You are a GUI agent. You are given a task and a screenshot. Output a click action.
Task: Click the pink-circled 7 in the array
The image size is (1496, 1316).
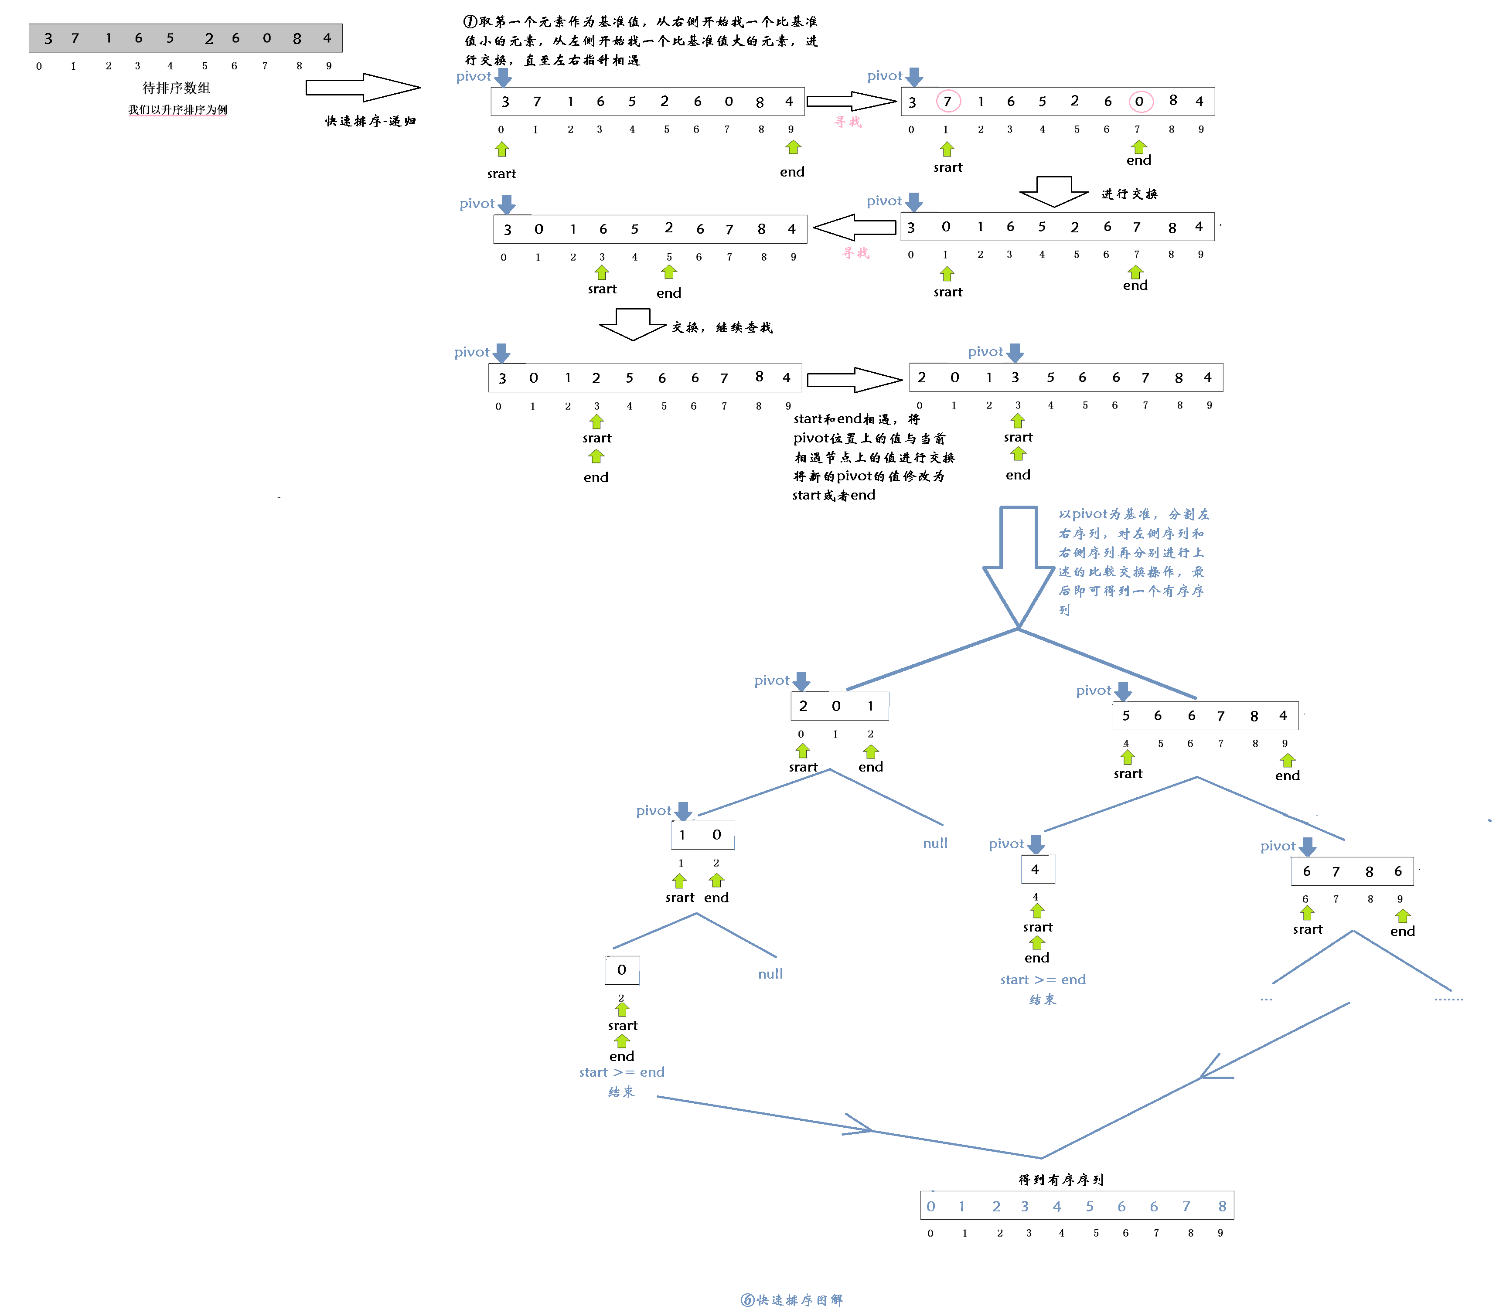coord(948,101)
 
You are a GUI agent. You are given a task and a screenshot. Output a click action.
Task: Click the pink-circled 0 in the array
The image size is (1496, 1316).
coord(1140,101)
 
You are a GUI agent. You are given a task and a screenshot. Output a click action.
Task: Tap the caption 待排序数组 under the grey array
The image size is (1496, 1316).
coord(177,88)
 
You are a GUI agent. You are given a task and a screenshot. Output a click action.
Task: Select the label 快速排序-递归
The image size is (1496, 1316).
coord(370,121)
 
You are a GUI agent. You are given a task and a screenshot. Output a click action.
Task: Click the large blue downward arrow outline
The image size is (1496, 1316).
coord(1018,567)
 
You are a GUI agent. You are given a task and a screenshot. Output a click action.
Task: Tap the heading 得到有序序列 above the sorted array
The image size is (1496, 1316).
coord(1060,1179)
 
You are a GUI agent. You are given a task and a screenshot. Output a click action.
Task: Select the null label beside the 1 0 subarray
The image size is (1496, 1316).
coord(935,843)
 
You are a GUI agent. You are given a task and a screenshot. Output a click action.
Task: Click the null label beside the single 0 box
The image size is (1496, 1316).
coord(770,974)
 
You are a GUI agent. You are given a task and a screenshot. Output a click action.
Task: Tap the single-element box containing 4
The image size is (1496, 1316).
coord(1038,869)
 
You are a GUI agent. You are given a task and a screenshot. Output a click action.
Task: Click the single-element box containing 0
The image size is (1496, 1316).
coord(622,970)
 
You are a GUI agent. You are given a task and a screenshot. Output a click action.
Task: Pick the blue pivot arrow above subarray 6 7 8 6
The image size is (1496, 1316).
coord(1308,847)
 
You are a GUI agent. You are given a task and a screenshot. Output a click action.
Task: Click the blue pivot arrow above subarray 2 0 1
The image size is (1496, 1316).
coord(801,681)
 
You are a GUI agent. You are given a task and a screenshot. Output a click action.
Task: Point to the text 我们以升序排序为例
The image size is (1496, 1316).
coord(178,110)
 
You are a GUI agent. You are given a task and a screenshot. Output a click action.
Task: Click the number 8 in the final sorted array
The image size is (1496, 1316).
coord(1222,1206)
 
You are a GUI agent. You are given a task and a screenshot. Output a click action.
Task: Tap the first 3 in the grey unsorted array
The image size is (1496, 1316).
coord(48,38)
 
